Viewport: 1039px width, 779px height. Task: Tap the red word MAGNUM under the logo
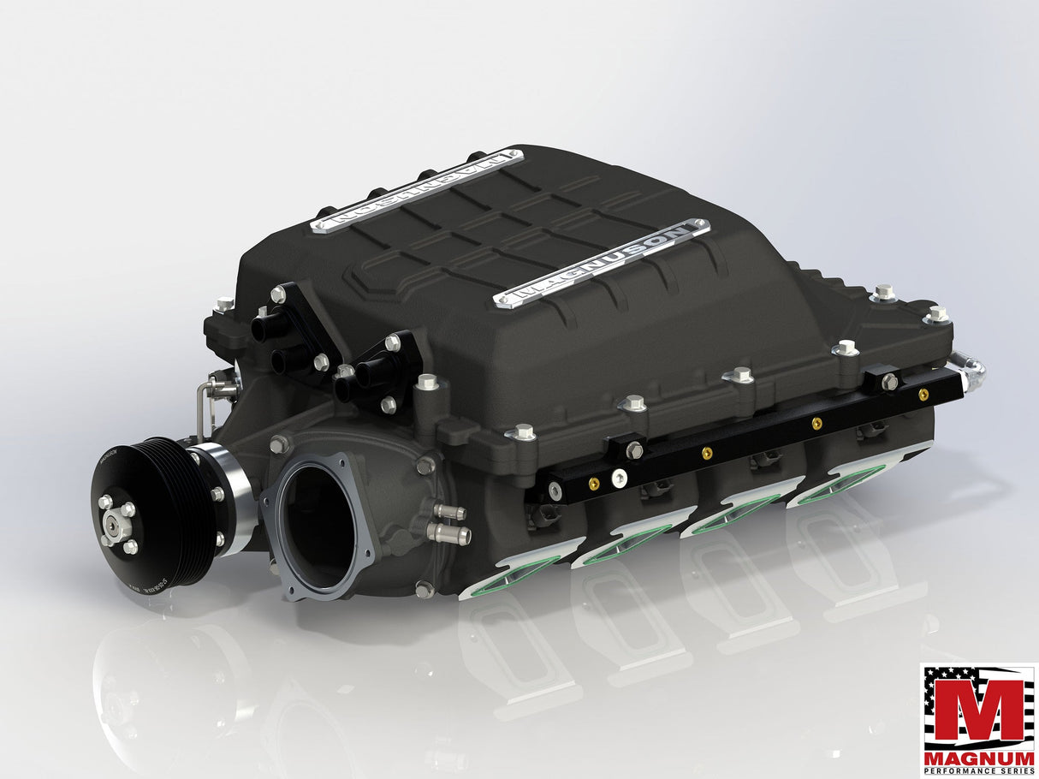978,758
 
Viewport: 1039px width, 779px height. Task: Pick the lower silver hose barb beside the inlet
451,535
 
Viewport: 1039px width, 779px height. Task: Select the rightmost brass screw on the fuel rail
923,395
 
